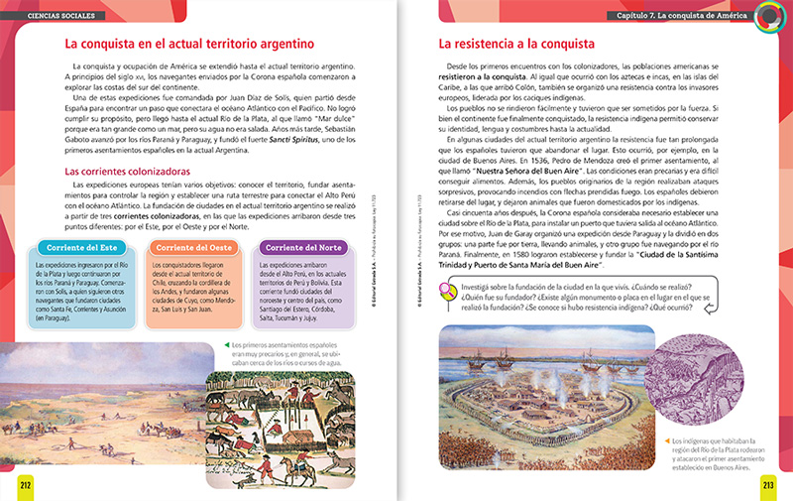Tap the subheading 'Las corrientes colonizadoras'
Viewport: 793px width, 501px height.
(x=128, y=171)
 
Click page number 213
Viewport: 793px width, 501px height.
(x=766, y=483)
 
